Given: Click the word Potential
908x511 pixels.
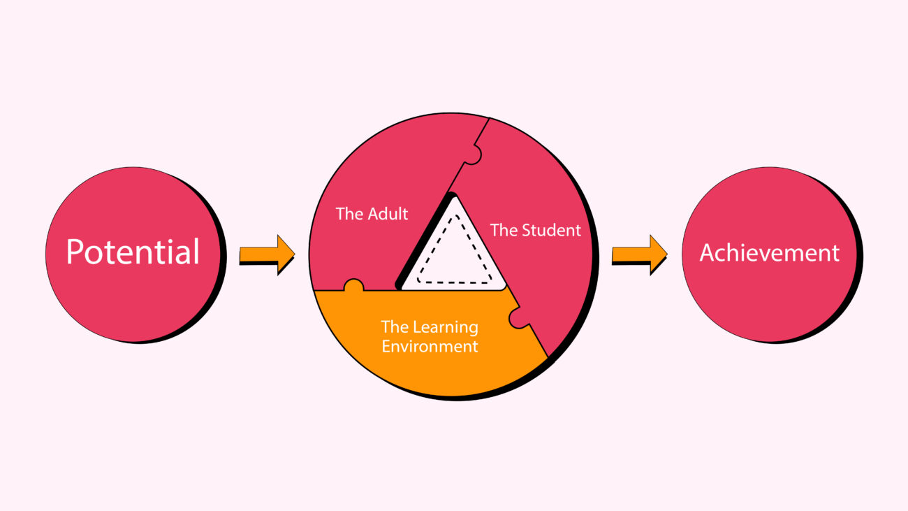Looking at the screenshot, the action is pos(133,252).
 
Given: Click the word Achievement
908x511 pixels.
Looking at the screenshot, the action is pos(770,253).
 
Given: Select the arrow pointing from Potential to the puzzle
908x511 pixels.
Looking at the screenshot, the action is pos(267,254).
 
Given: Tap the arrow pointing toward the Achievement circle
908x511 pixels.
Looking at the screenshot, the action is pos(640,254).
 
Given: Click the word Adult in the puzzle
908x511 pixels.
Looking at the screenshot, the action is pos(387,214).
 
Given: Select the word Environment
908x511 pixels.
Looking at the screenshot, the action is pos(430,346).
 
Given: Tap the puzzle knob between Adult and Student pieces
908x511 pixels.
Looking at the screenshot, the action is pos(474,155).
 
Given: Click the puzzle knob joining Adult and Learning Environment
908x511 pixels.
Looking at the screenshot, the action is pos(353,285).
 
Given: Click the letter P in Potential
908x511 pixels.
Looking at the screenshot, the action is pos(75,252).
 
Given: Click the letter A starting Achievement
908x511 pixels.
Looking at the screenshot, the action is pos(708,253).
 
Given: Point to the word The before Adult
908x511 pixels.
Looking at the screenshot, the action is pos(349,214).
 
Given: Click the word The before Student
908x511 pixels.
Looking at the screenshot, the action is pos(504,231).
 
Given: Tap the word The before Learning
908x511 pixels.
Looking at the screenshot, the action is pos(395,327).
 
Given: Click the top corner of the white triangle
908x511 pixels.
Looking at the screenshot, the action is pos(455,197).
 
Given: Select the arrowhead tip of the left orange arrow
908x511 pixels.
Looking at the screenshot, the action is pos(295,254).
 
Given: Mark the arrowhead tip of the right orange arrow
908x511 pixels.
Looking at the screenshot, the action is pos(667,254).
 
